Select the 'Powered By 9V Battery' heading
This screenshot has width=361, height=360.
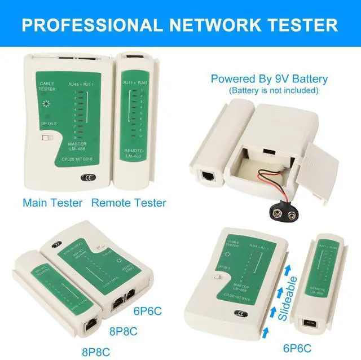269,78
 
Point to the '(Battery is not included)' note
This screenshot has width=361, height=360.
274,90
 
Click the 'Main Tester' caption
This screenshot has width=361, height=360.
53,203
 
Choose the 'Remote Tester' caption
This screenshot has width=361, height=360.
129,203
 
